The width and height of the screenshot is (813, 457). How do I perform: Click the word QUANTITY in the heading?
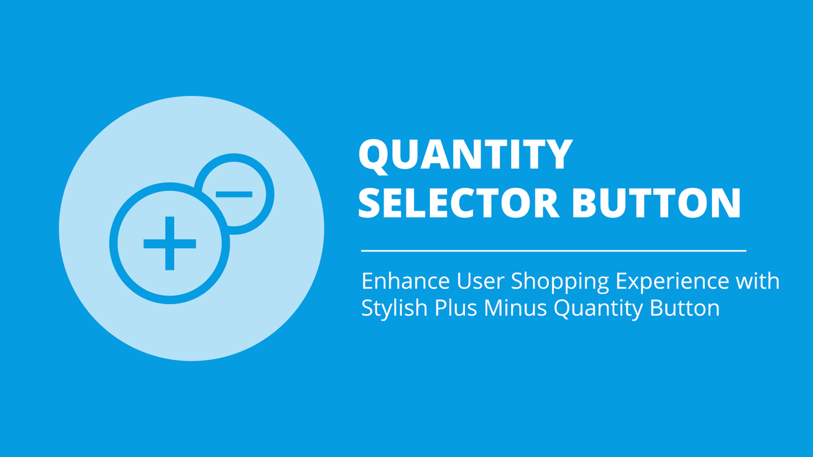[466, 156]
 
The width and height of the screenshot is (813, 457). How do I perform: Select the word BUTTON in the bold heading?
[656, 202]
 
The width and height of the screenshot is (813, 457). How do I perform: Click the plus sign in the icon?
[170, 243]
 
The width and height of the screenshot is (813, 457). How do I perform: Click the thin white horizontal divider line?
[553, 251]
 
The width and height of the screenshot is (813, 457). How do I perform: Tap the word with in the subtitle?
[759, 281]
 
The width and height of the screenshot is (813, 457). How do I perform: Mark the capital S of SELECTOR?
[370, 202]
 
